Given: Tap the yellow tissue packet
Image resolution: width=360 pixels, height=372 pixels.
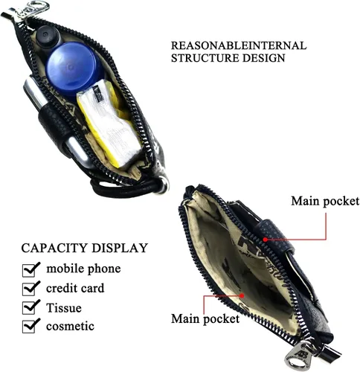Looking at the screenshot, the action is click(109, 123).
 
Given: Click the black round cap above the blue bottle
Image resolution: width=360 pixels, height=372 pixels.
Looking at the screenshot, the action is click(48, 35).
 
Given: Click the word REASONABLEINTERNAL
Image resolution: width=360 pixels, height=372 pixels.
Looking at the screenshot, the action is click(239, 45).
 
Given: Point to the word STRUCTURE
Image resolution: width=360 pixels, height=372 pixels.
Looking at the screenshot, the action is click(205, 58).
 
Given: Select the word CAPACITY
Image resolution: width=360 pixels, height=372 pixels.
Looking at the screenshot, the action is click(54, 248).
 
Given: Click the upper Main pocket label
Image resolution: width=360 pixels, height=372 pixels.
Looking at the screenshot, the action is click(325, 201).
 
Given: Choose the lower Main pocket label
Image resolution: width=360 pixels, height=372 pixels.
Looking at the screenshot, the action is click(205, 318).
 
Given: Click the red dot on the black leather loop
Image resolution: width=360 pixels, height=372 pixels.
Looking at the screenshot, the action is click(266, 240).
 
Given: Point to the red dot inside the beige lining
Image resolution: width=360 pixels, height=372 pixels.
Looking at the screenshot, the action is click(242, 295).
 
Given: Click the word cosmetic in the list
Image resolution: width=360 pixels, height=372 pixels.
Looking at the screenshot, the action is click(70, 326).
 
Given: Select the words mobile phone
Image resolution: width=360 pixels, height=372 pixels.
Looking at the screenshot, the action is click(83, 269).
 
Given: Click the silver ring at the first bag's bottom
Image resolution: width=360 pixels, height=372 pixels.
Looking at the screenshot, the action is click(164, 185).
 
